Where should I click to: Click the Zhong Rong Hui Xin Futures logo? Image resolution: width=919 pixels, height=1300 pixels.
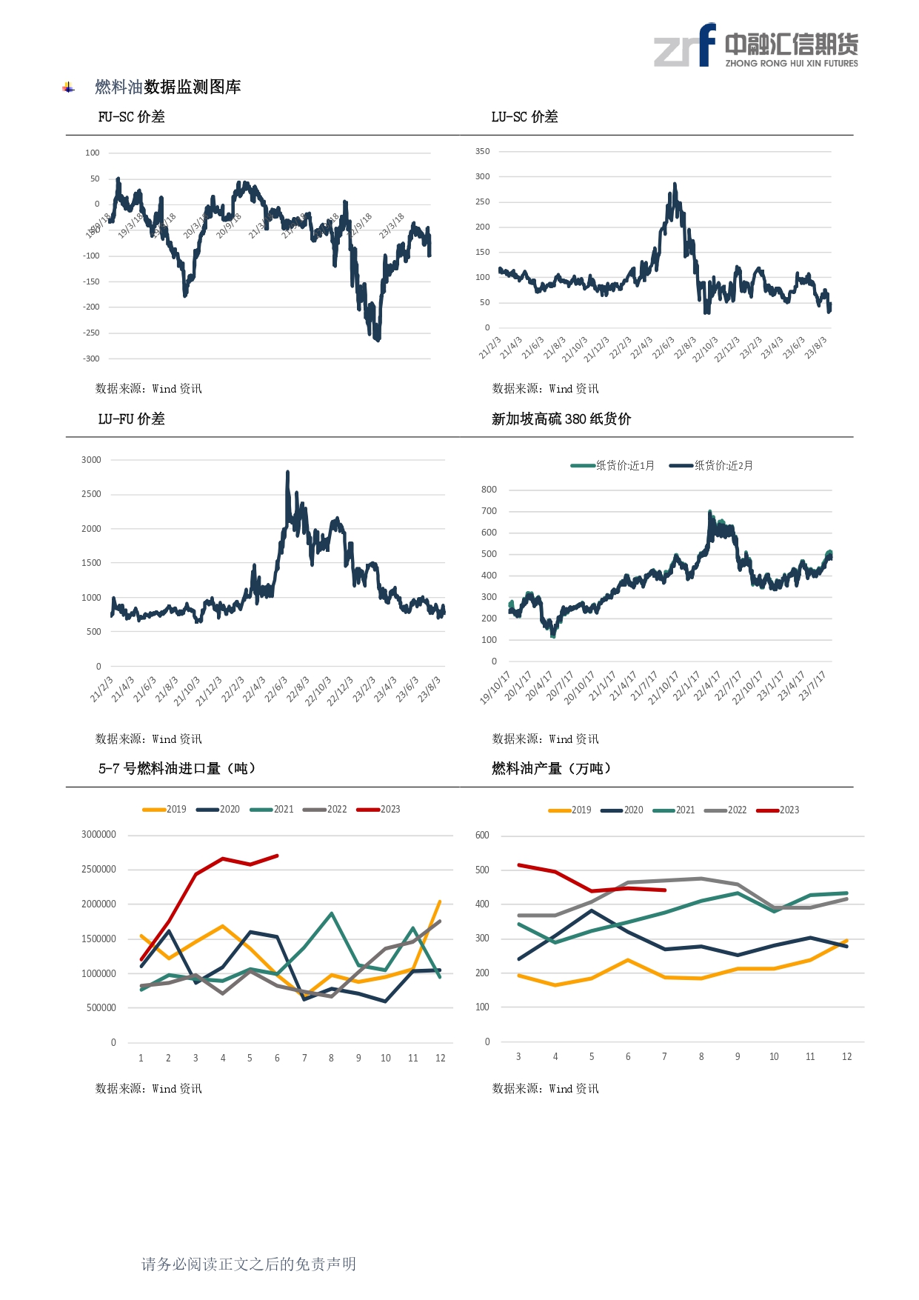[755, 46]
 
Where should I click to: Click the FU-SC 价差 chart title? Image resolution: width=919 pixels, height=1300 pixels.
[131, 117]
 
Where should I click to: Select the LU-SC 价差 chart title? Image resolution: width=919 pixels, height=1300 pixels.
[524, 117]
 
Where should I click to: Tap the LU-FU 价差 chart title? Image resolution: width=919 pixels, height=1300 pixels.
[131, 419]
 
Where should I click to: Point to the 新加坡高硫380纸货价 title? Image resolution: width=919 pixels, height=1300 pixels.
[561, 419]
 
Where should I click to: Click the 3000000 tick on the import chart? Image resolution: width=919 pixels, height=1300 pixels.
[98, 835]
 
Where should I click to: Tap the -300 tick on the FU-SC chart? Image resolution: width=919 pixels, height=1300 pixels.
[91, 359]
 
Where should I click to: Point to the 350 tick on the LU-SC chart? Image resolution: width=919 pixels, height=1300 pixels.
[482, 151]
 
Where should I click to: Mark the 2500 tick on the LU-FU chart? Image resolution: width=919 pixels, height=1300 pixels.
[91, 494]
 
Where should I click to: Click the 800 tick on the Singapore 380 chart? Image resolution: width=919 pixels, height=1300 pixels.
[489, 490]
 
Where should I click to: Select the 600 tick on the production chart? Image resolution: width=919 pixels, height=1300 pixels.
[482, 836]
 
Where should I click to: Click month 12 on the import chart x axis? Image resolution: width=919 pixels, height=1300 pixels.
[440, 1059]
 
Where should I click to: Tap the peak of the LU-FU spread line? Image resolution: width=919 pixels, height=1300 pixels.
[287, 472]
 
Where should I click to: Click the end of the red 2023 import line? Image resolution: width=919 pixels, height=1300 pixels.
[277, 856]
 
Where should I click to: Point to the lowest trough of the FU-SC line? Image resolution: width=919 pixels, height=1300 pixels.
[378, 340]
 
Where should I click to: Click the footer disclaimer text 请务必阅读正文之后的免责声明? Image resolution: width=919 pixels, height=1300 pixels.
[249, 1264]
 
